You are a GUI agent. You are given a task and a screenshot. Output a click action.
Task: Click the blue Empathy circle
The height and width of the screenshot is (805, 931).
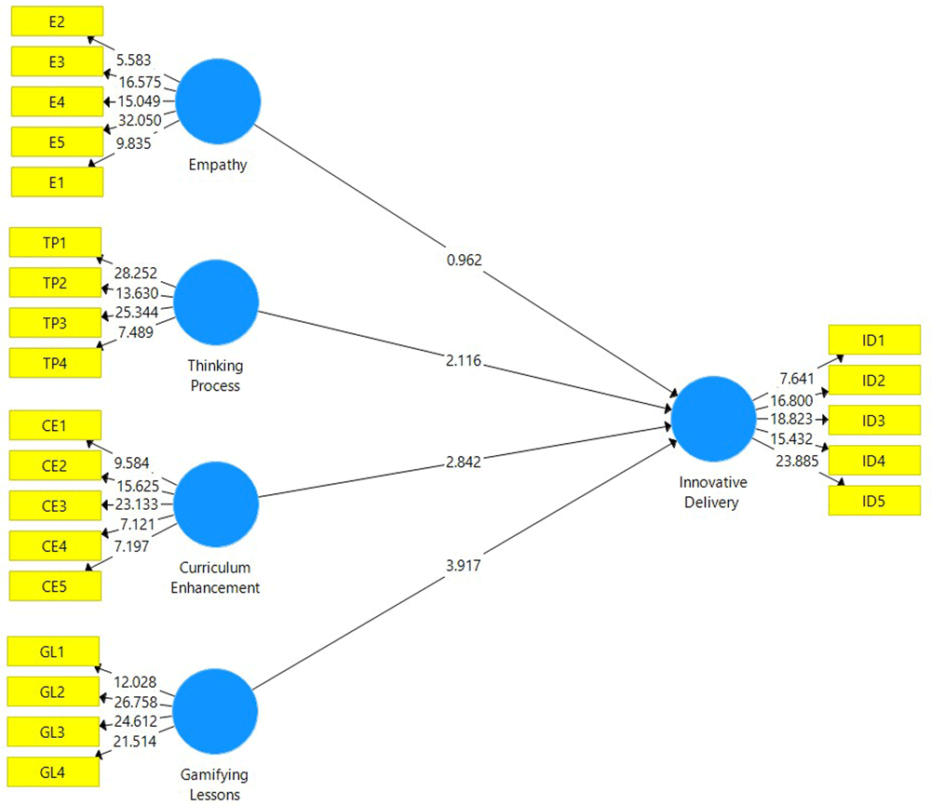(218, 101)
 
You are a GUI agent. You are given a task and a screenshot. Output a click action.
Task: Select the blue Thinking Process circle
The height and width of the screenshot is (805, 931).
(216, 303)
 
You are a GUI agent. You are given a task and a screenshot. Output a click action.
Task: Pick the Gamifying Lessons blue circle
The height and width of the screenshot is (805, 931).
(215, 710)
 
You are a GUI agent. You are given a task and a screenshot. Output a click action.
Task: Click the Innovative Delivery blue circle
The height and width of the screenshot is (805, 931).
(713, 420)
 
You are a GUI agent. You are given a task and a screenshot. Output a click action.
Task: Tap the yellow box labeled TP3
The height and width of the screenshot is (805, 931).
(54, 322)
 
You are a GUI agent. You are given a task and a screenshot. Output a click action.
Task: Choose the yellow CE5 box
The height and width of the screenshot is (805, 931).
(54, 584)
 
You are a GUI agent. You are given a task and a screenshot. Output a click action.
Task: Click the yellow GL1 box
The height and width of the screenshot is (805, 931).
(52, 651)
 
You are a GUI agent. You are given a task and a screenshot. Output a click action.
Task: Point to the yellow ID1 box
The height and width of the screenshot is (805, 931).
(873, 340)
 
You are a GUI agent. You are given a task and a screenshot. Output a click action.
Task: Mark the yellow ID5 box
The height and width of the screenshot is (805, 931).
(873, 502)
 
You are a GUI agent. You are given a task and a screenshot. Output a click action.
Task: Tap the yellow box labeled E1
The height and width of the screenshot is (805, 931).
(57, 181)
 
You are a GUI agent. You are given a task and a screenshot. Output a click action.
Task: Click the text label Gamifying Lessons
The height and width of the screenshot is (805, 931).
(215, 784)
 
